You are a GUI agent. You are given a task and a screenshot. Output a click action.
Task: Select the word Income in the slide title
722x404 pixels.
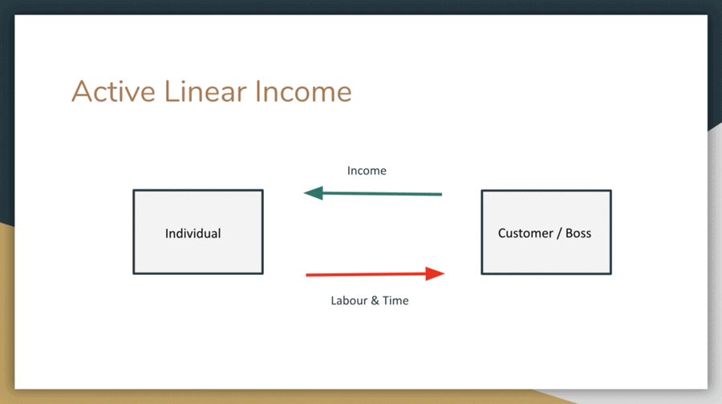(x=303, y=91)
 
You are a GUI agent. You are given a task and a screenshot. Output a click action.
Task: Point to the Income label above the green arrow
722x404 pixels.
(x=367, y=171)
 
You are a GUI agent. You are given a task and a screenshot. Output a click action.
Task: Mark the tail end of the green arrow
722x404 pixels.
(x=440, y=194)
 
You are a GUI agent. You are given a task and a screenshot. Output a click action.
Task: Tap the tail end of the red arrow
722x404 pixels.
(x=308, y=275)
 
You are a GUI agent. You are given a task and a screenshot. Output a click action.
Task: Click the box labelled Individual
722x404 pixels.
(x=197, y=232)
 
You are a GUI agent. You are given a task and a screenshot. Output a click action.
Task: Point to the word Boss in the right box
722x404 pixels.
(x=578, y=233)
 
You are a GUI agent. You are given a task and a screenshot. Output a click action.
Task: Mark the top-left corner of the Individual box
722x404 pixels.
(x=134, y=191)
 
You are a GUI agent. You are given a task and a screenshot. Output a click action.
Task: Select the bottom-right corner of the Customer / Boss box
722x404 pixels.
(x=610, y=273)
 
